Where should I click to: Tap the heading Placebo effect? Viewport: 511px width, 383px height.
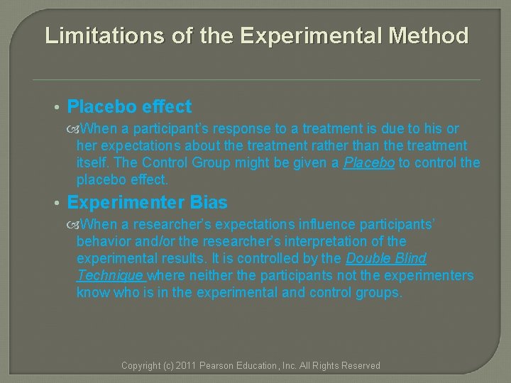[129, 107]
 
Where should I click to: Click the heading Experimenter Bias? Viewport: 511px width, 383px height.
[147, 203]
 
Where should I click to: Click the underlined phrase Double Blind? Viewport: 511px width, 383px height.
[385, 259]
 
